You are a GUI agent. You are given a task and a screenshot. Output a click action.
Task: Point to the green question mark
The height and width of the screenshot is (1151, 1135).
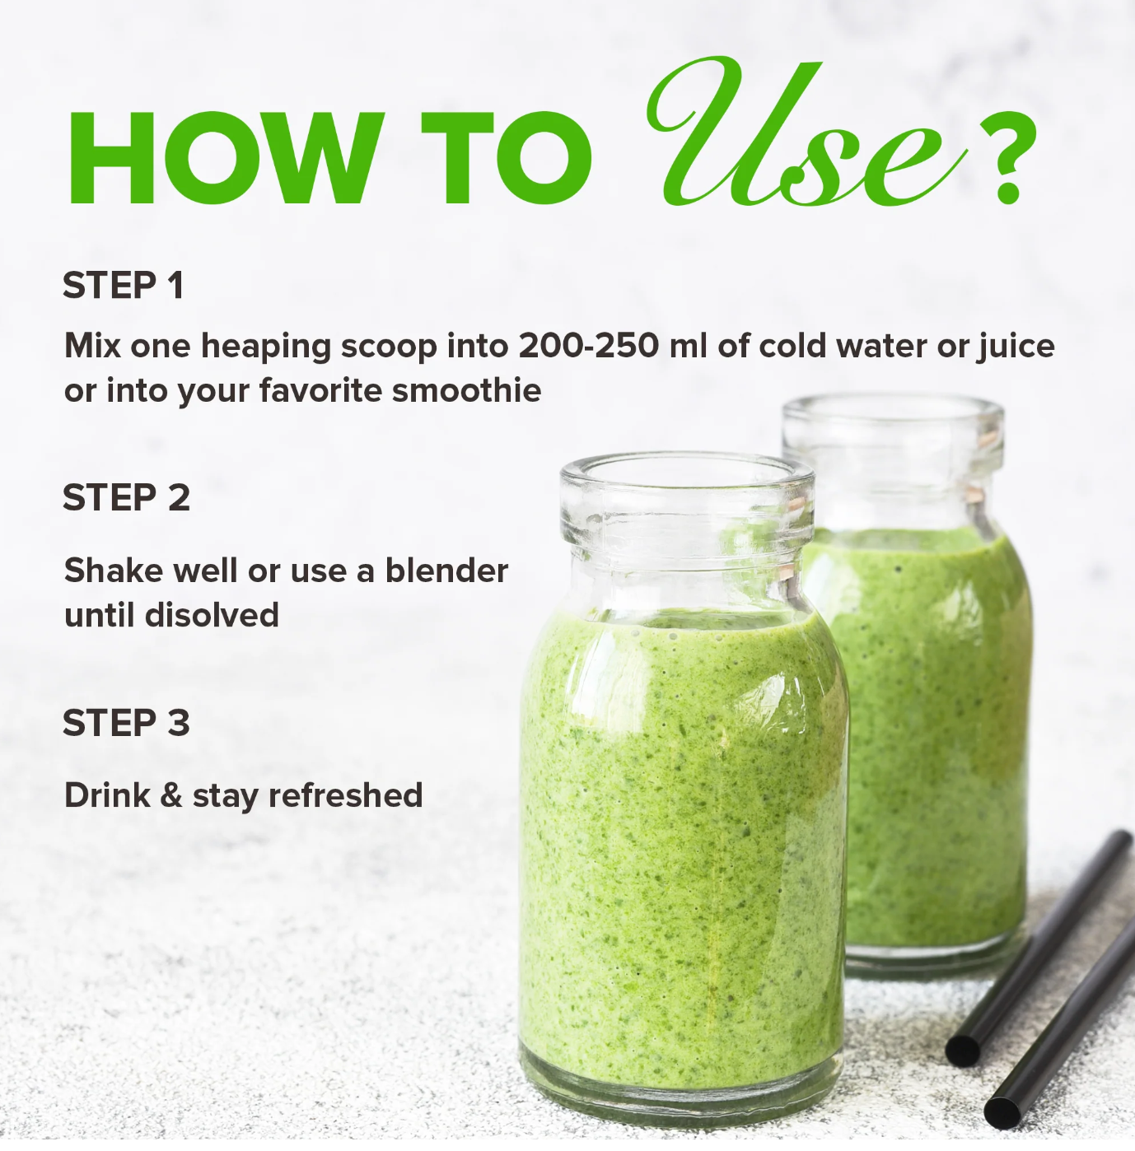click(x=1007, y=157)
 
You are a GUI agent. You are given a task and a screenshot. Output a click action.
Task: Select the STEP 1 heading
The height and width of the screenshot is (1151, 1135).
click(x=123, y=285)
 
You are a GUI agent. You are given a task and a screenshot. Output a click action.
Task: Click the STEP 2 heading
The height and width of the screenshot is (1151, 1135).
click(x=126, y=497)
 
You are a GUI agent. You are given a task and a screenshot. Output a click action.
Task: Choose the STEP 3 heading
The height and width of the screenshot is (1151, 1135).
click(x=126, y=722)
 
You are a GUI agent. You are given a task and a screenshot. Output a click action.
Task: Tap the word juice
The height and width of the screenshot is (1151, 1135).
click(x=1016, y=347)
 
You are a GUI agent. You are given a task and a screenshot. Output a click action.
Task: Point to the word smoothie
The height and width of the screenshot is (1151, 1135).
click(x=466, y=390)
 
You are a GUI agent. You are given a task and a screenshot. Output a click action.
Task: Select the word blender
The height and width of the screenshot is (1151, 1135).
click(x=446, y=571)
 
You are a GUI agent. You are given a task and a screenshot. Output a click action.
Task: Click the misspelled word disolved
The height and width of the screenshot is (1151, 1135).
click(x=213, y=615)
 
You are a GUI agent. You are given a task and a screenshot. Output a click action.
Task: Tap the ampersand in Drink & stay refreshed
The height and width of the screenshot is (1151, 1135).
click(x=171, y=795)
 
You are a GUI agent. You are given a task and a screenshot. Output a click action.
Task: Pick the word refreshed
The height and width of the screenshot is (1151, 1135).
click(x=345, y=795)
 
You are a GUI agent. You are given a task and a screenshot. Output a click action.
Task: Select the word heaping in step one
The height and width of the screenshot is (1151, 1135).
click(x=265, y=347)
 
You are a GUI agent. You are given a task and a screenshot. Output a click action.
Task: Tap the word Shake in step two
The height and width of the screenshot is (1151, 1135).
click(x=114, y=571)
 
